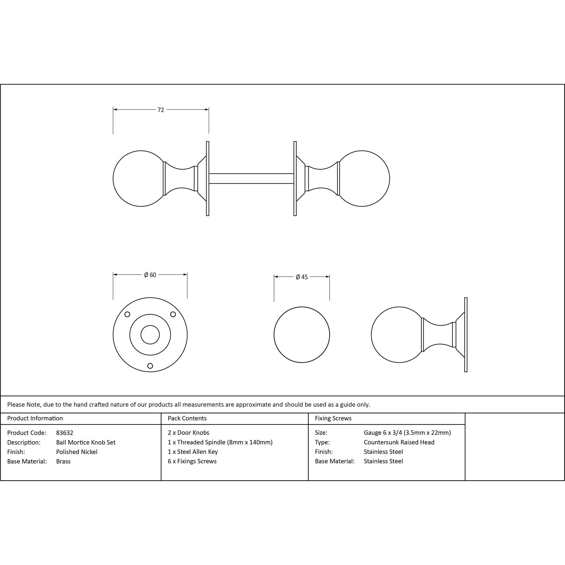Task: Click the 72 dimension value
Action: point(161,110)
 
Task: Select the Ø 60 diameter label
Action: point(150,275)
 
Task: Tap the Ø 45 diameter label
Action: point(302,277)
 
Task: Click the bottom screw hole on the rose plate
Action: point(150,366)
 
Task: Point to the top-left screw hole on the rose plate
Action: point(127,314)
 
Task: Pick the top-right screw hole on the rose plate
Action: point(173,314)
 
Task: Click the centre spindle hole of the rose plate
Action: point(150,335)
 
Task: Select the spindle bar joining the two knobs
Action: point(251,179)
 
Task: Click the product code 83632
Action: point(65,433)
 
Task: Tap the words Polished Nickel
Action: point(77,452)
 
